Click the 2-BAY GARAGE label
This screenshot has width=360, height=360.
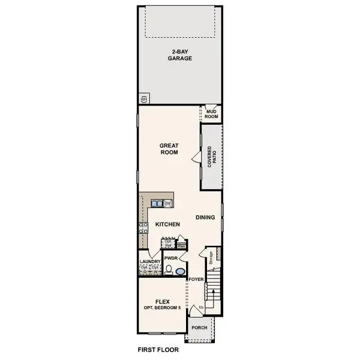tap(179, 55)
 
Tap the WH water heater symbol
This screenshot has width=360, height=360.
tap(145, 97)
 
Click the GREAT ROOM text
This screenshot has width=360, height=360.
tap(170, 148)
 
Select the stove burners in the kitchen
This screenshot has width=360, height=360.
tap(143, 227)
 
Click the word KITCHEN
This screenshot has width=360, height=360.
tap(168, 224)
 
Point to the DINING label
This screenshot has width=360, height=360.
tap(206, 218)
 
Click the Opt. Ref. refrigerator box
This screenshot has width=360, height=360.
tap(168, 244)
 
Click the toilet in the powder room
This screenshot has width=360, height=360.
tap(169, 270)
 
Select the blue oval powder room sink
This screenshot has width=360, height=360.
tap(180, 271)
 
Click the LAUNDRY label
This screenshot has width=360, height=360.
tap(150, 262)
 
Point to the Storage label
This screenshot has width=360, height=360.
tap(211, 258)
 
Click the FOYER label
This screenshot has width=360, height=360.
tap(196, 280)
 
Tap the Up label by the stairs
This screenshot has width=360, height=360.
tap(201, 307)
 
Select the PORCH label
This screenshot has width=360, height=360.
tap(199, 328)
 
